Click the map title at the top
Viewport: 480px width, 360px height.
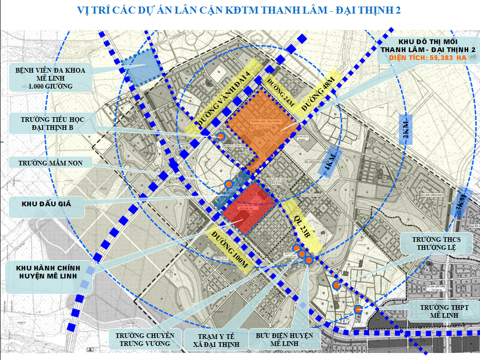[240, 10]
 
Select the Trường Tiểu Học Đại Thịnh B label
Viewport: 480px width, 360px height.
[52, 123]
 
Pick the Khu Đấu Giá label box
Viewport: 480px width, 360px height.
[46, 204]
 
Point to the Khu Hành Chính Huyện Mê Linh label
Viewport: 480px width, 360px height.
[48, 272]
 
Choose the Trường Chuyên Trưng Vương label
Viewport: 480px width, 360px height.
[145, 340]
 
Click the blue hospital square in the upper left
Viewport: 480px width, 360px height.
[139, 67]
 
